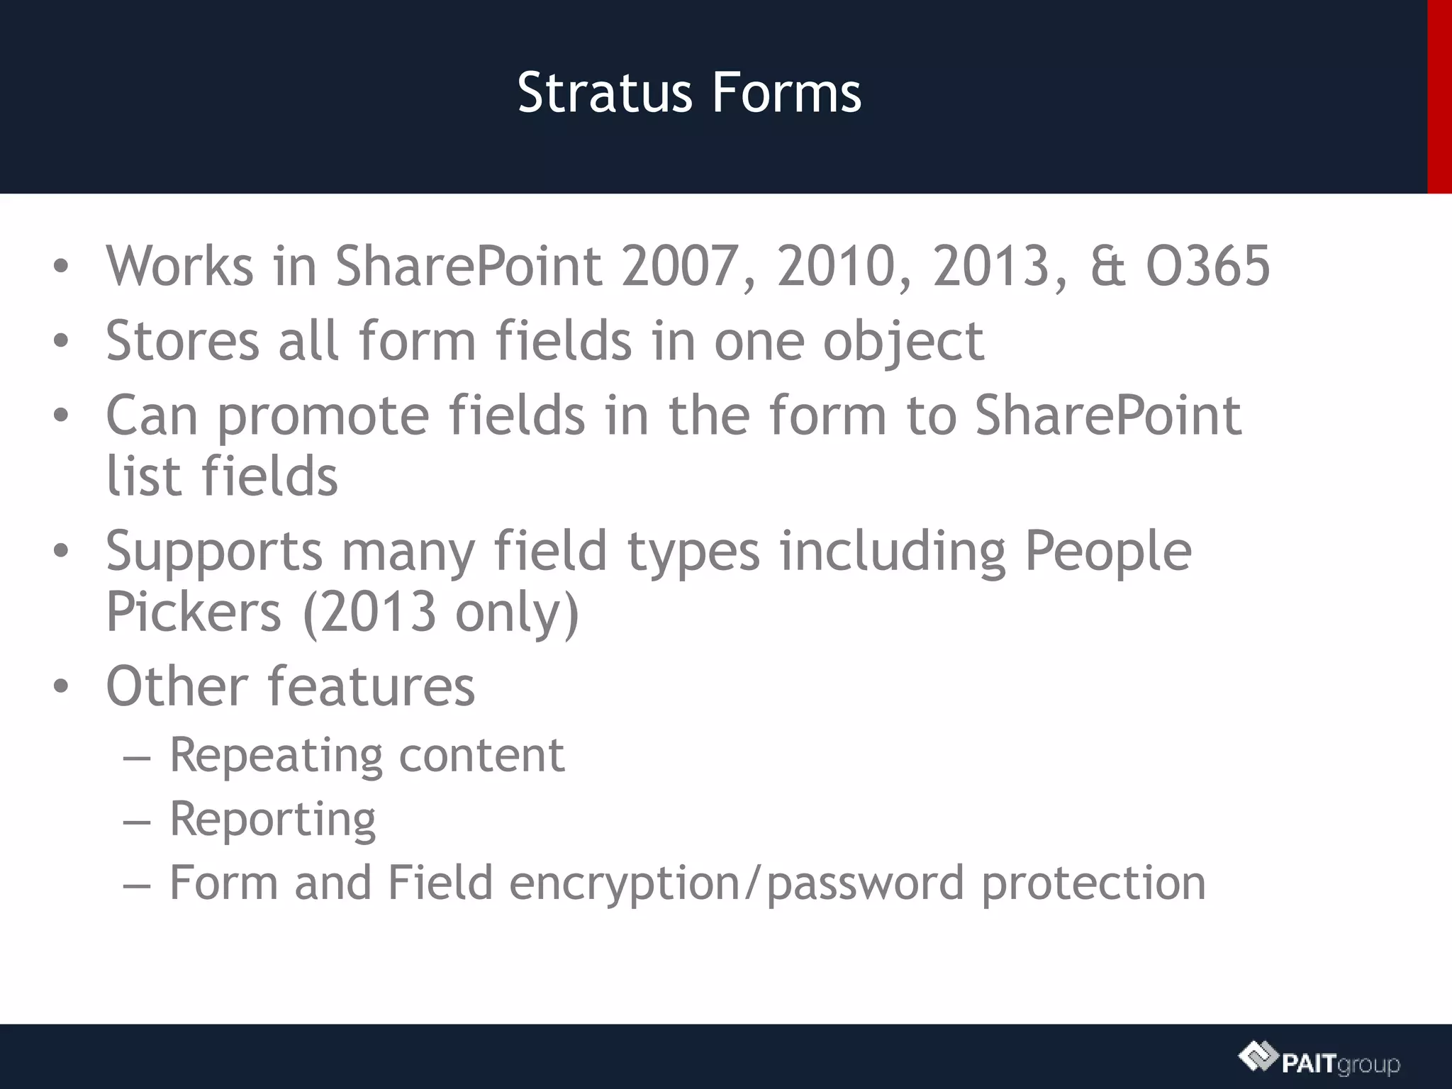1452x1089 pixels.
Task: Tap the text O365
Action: [1207, 266]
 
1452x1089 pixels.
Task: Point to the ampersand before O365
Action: [1107, 266]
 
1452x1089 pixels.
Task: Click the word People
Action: [1108, 552]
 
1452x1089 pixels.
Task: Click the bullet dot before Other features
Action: [61, 686]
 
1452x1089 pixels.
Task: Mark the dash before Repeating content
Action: [137, 757]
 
